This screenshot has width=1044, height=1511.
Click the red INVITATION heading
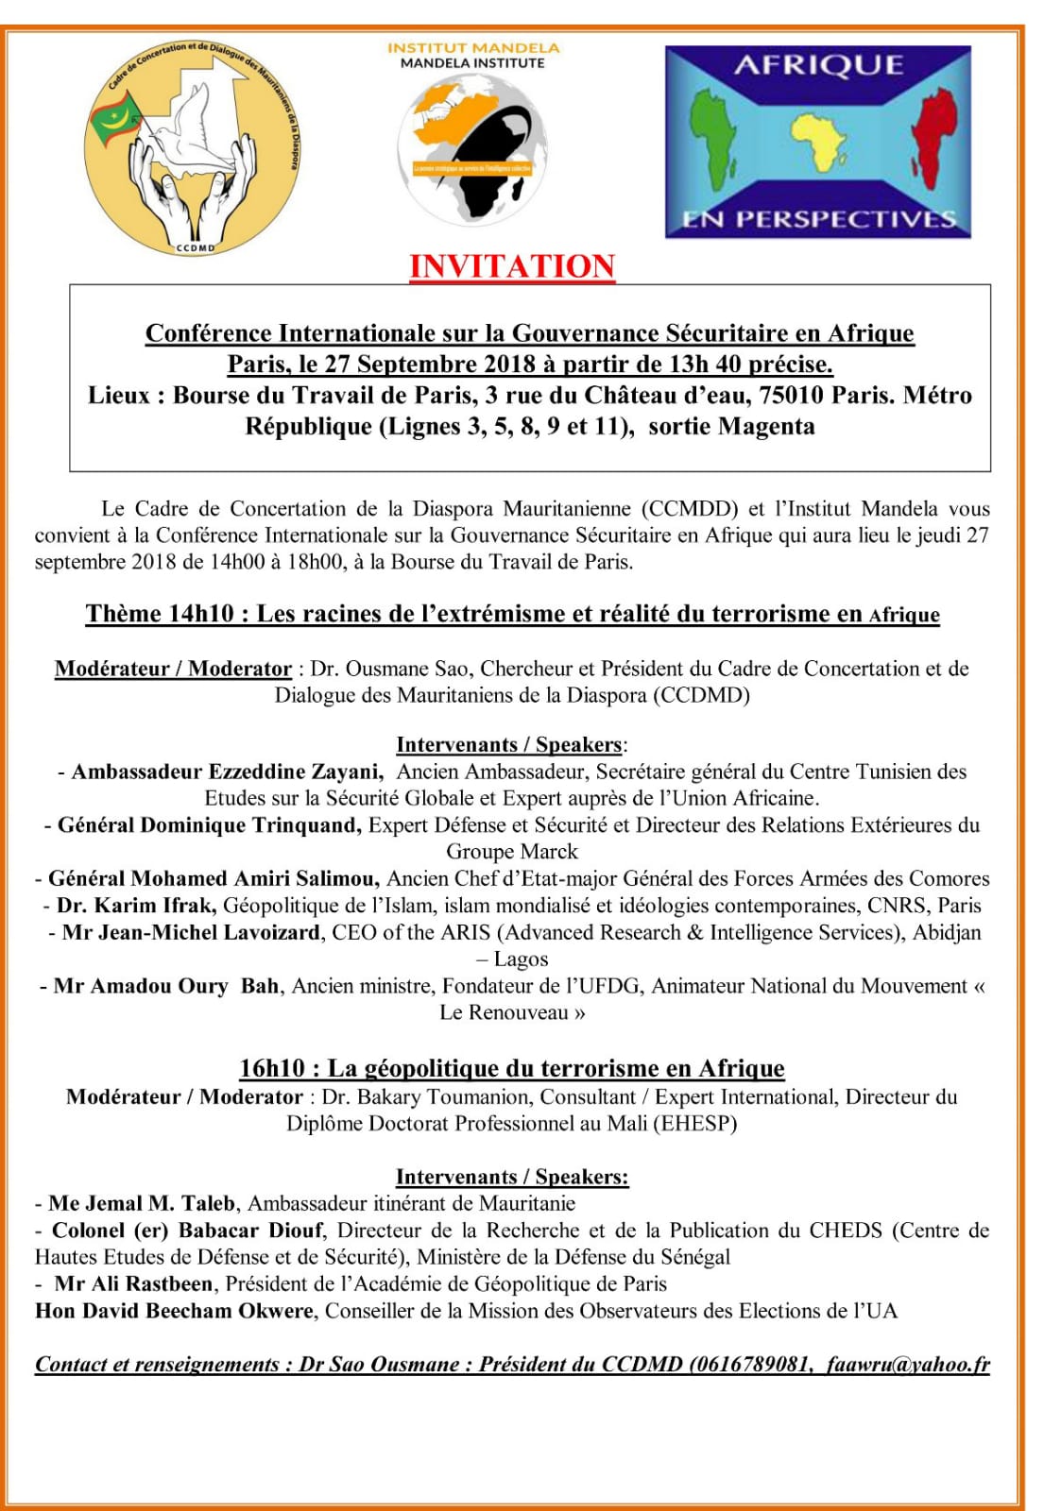[x=512, y=266]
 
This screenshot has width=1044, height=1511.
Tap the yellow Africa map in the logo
[x=818, y=141]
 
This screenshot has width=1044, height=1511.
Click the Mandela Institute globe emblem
[x=472, y=149]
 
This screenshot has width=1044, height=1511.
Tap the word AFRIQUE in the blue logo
[x=818, y=65]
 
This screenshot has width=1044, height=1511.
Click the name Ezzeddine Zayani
[x=295, y=772]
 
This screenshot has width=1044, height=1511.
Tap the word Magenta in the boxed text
[x=766, y=426]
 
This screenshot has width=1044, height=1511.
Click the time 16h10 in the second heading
[x=273, y=1068]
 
